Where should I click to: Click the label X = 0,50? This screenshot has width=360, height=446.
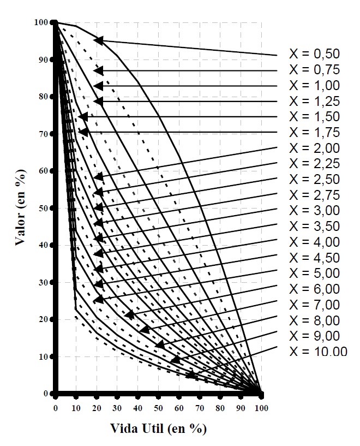click(314, 53)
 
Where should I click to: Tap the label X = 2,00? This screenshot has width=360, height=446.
click(314, 148)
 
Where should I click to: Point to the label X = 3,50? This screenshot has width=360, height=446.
click(314, 226)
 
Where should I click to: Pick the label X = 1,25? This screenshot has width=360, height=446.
click(314, 101)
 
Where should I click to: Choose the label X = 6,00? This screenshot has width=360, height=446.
click(314, 288)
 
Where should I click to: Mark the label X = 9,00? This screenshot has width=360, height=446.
click(314, 335)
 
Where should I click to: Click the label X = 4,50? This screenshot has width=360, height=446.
click(314, 257)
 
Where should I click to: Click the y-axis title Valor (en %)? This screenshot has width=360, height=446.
click(21, 207)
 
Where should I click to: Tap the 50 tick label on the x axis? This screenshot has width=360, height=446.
click(158, 408)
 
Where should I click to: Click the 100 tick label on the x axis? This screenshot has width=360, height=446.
click(262, 408)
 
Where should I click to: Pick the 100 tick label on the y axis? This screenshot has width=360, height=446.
click(39, 22)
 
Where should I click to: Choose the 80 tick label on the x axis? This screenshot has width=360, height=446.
click(220, 408)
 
